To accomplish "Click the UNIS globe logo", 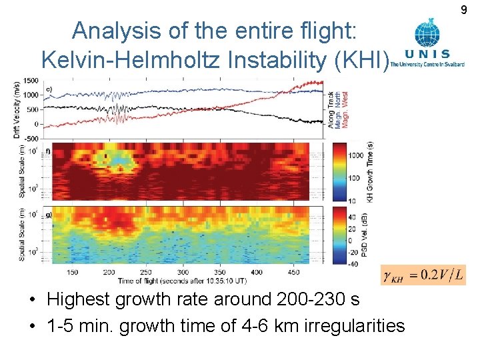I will click(x=427, y=33).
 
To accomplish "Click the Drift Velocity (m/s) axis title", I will click(x=16, y=109).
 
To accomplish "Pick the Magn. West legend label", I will click(x=345, y=109).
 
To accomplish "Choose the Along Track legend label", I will click(x=330, y=109).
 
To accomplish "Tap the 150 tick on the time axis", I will click(x=73, y=272).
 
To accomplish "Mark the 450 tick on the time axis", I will click(x=294, y=272).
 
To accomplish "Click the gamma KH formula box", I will click(x=423, y=275).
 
